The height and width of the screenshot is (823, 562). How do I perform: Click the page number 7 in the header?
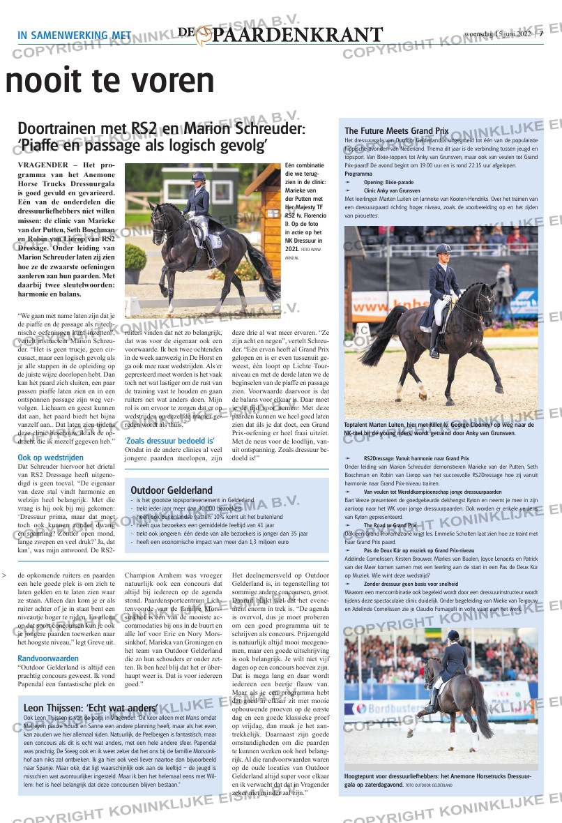pyautogui.click(x=541, y=36)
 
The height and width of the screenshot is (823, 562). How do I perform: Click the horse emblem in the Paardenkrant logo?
pyautogui.click(x=204, y=36)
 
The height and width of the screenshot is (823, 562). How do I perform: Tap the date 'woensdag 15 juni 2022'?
pyautogui.click(x=497, y=36)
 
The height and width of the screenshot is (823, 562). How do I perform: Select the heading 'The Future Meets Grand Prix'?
pyautogui.click(x=396, y=130)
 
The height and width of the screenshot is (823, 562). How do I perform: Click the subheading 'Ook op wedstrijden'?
pyautogui.click(x=50, y=458)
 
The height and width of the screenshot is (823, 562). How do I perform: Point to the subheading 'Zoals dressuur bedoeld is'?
pyautogui.click(x=169, y=441)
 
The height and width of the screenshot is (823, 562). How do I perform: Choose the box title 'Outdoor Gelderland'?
pyautogui.click(x=172, y=490)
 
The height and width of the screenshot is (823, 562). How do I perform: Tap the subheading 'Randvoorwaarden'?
pyautogui.click(x=48, y=658)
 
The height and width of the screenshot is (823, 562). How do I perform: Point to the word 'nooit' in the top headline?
pyautogui.click(x=42, y=82)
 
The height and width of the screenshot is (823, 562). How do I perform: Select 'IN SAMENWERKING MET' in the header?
pyautogui.click(x=75, y=36)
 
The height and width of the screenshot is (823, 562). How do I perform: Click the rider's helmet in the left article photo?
pyautogui.click(x=199, y=176)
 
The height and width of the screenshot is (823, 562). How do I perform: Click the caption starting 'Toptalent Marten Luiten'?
pyautogui.click(x=439, y=428)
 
